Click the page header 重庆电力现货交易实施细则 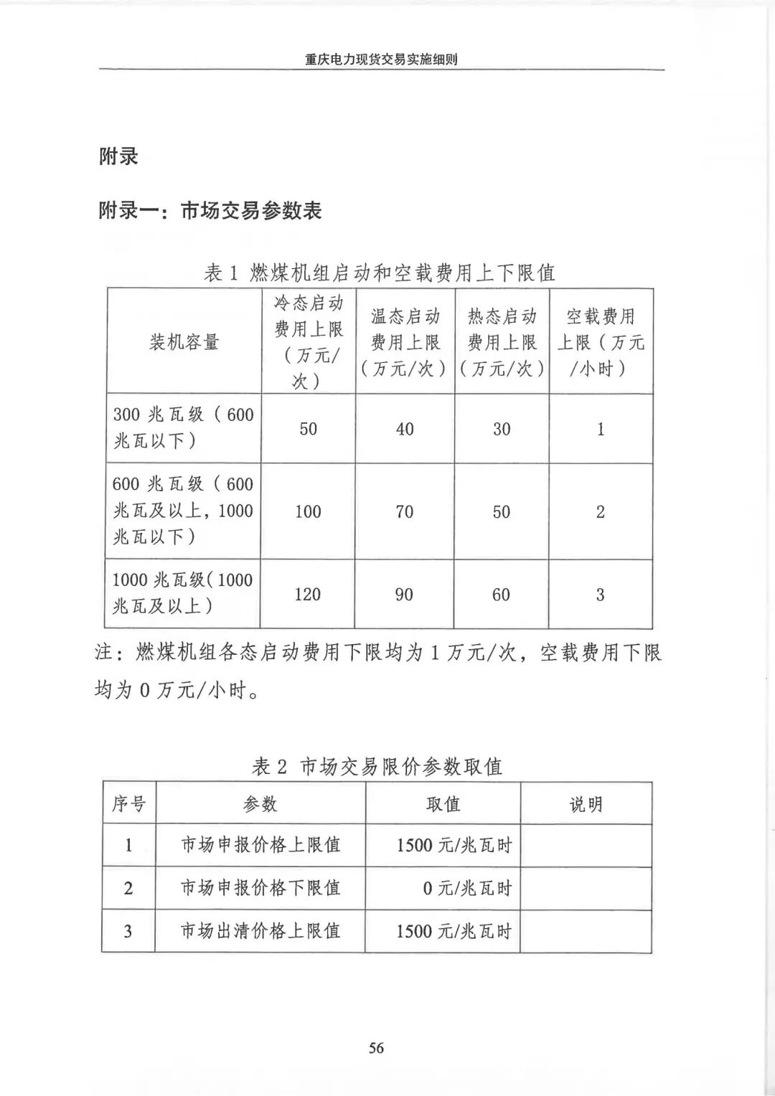pos(381,60)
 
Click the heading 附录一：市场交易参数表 pos(210,211)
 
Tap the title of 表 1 pos(380,273)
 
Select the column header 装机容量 pos(184,342)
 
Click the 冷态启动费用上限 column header pos(308,341)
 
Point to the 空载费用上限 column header pos(601,342)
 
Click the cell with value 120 pos(308,594)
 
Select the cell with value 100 pos(308,511)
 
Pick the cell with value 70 pos(405,511)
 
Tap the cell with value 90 pos(405,594)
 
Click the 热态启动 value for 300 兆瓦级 pos(502,429)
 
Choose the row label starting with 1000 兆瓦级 pos(183,593)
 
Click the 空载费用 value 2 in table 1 pos(601,511)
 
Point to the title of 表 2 pos(377,767)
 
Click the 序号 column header pos(129,804)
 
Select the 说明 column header pos(586,804)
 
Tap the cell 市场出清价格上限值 pos(260,931)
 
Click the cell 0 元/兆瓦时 pos(466,889)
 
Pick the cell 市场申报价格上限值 pos(260,845)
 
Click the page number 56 pos(377,1048)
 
